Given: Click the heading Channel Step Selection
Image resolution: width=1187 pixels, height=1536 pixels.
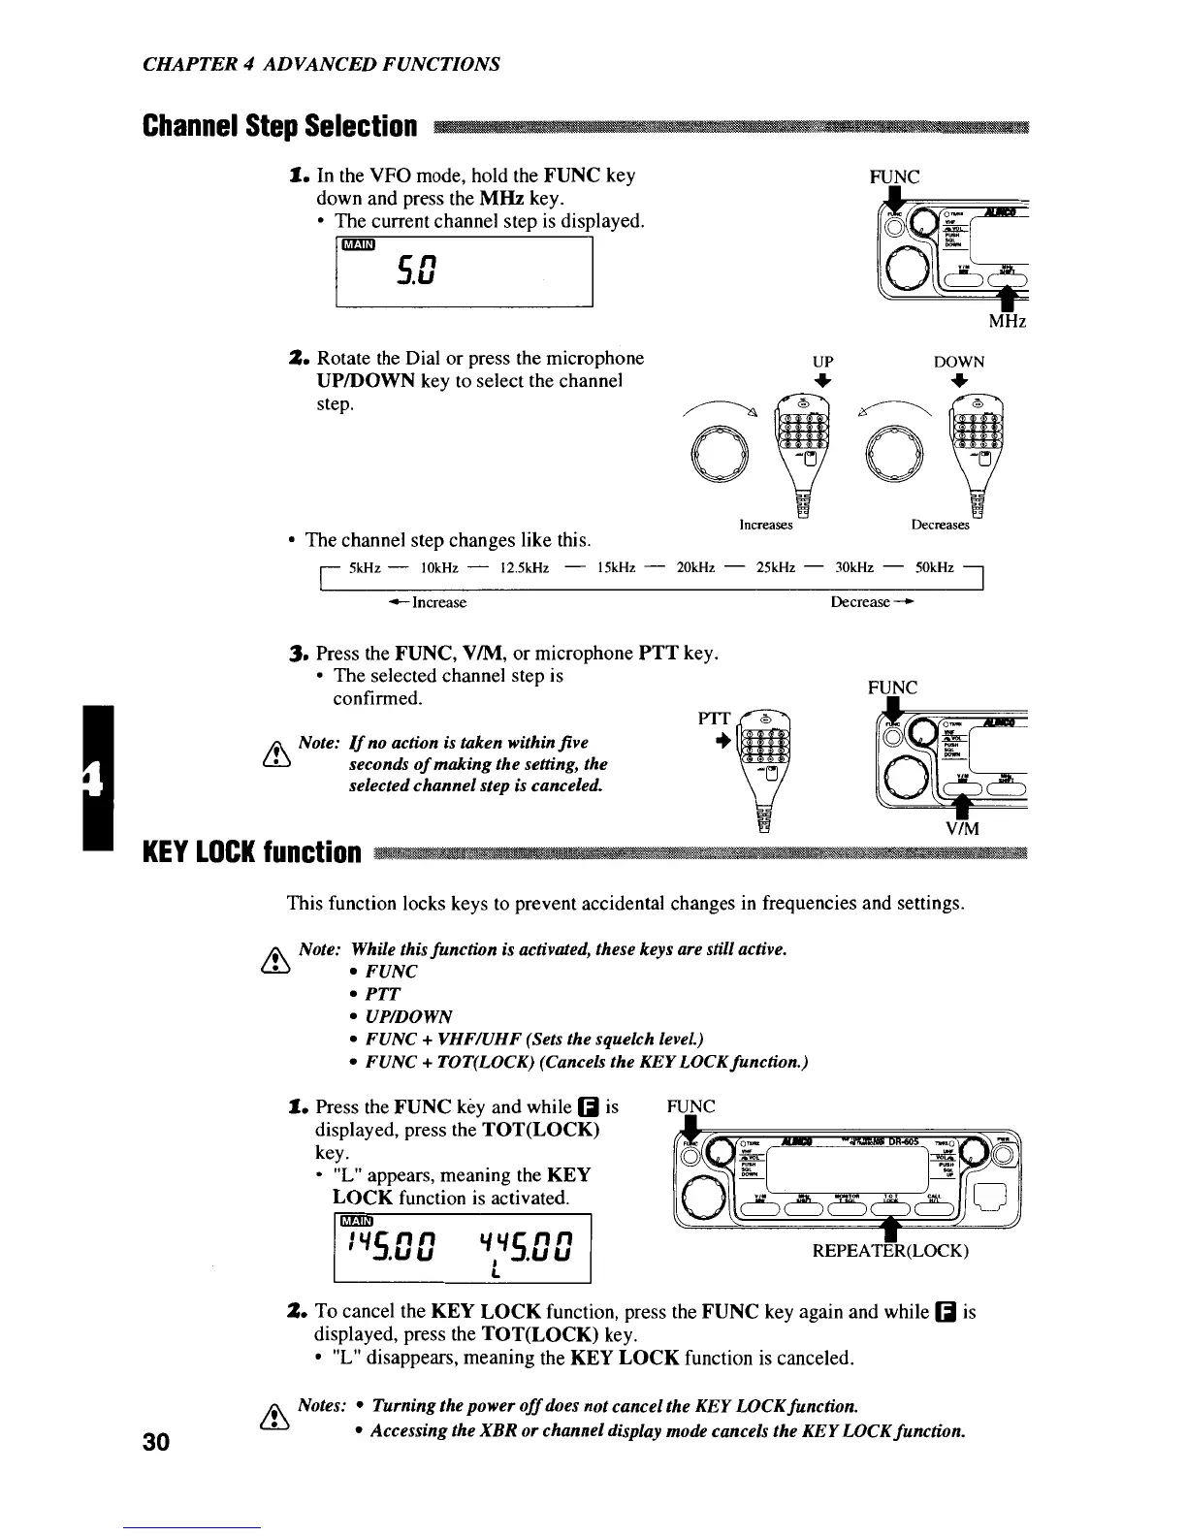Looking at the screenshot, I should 280,127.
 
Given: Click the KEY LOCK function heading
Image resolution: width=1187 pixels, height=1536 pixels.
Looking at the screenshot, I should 252,853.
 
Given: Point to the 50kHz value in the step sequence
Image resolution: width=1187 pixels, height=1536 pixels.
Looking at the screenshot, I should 935,567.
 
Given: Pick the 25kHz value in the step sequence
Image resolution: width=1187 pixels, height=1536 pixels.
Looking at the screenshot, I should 777,567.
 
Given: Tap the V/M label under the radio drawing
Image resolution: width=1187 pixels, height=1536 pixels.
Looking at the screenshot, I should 962,828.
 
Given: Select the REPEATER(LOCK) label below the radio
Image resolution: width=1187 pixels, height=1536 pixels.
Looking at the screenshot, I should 890,1251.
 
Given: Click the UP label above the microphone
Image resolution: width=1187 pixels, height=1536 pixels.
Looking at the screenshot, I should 822,362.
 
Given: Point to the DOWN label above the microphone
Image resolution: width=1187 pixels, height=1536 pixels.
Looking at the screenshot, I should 958,362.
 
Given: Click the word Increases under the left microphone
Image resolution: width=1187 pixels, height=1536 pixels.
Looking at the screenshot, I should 766,525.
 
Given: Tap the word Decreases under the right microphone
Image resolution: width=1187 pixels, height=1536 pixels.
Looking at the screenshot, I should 940,525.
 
